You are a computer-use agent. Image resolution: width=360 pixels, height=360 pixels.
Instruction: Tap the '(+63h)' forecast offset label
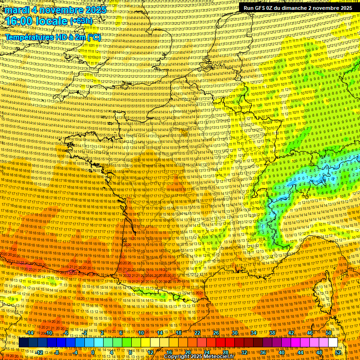pos(81,21)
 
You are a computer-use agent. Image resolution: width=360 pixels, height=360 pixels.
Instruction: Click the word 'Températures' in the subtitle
pos(30,37)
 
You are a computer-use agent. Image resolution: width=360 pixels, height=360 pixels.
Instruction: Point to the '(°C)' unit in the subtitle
pos(94,37)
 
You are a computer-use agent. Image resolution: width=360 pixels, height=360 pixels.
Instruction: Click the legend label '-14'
pos(30,333)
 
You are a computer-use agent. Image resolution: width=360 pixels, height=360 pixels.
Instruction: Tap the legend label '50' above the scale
pos(329,333)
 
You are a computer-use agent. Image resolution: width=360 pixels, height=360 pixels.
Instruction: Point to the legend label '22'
pos(197,333)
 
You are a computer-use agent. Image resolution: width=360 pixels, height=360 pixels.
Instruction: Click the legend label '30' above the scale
pos(235,333)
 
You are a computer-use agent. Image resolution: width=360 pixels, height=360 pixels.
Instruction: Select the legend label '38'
pos(272,333)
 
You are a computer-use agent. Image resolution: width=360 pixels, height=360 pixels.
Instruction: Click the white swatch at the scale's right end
pos(333,343)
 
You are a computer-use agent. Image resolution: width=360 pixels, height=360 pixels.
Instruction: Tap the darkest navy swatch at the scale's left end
pos(23,343)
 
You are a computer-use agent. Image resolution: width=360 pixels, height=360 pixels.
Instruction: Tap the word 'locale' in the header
pos(54,21)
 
